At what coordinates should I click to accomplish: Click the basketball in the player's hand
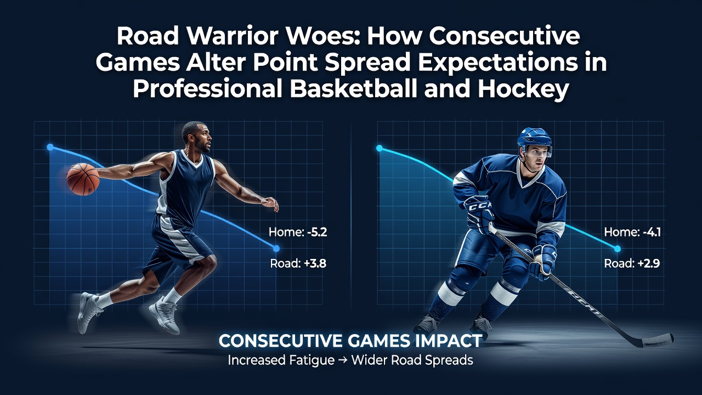coord(83,179)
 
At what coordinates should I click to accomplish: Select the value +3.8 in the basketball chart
coord(315,263)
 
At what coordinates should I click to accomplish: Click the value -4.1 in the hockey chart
coord(651,232)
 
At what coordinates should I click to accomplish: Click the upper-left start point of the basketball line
coord(50,147)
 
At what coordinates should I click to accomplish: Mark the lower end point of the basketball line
coord(276,249)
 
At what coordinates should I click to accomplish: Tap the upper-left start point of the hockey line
coord(380,148)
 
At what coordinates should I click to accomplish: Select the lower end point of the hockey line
coord(618,249)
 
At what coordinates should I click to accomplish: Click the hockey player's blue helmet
coord(534,139)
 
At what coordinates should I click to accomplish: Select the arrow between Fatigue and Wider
coord(343,360)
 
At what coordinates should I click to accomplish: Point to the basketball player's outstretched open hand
coord(270,204)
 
